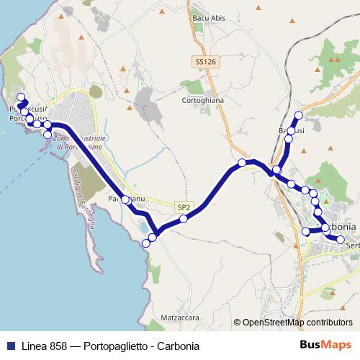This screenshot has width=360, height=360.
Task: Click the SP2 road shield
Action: [x=184, y=207]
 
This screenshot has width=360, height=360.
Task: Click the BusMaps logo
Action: [x=321, y=345]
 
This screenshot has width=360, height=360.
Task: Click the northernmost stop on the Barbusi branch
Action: [x=299, y=115]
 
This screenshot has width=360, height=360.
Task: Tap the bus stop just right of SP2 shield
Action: [x=184, y=218]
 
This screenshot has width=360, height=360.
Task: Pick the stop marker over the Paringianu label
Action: [x=125, y=199]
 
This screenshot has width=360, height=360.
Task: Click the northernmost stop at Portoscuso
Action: [x=20, y=97]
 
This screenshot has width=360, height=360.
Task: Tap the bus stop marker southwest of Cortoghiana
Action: [x=242, y=163]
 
